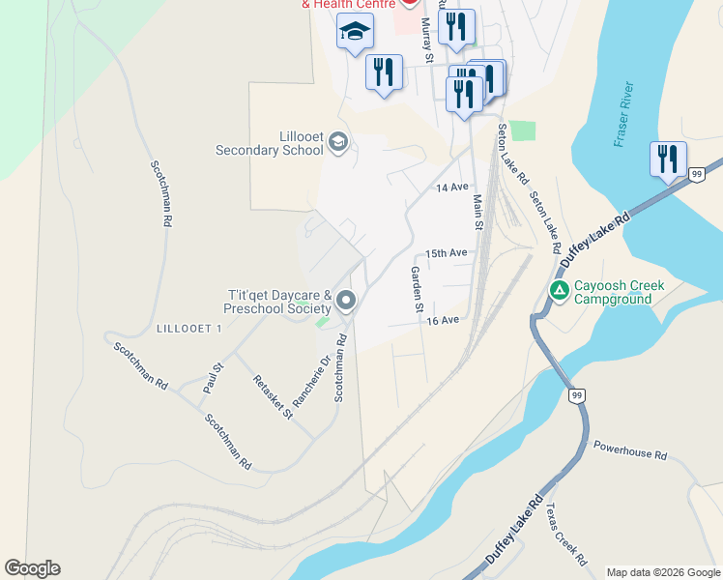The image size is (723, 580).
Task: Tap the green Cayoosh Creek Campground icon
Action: coord(560,289)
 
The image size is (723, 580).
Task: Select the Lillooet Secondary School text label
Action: coord(270,144)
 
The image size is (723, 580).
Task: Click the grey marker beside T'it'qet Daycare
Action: coord(346,303)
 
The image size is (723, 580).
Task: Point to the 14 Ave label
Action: coord(451,187)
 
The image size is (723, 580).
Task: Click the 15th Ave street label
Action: coord(447,253)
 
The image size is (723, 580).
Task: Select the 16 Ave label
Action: coord(442,319)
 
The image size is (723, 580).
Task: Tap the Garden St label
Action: coord(418,288)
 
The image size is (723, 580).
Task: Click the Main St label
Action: coord(477,212)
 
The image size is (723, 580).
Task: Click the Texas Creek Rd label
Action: coord(565,533)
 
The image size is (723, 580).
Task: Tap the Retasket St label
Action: coord(272,397)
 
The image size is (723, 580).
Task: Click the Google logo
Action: coord(33,568)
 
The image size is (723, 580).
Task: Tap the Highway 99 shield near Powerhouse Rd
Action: coord(577,395)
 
